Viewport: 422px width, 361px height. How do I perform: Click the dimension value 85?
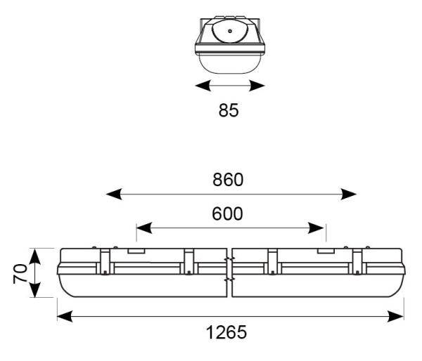tap(229, 110)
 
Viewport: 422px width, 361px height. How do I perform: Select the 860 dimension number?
tap(228, 180)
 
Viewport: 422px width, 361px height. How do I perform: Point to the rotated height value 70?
tap(21, 273)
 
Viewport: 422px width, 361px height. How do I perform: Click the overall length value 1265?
tap(226, 332)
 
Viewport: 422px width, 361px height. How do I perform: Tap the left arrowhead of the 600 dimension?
tap(143, 228)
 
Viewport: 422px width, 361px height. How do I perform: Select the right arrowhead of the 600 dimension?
tap(319, 228)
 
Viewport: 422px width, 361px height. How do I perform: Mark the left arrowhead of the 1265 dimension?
tap(64, 316)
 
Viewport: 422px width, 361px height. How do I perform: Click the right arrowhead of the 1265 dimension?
tap(398, 316)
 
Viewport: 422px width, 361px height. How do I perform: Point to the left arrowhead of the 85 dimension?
tap(202, 86)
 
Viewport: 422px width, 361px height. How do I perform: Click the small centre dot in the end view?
tap(230, 32)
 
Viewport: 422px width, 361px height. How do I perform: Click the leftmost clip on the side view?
tap(104, 262)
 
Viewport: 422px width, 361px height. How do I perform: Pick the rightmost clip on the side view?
tap(359, 262)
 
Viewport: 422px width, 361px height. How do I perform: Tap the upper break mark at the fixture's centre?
tap(229, 260)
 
